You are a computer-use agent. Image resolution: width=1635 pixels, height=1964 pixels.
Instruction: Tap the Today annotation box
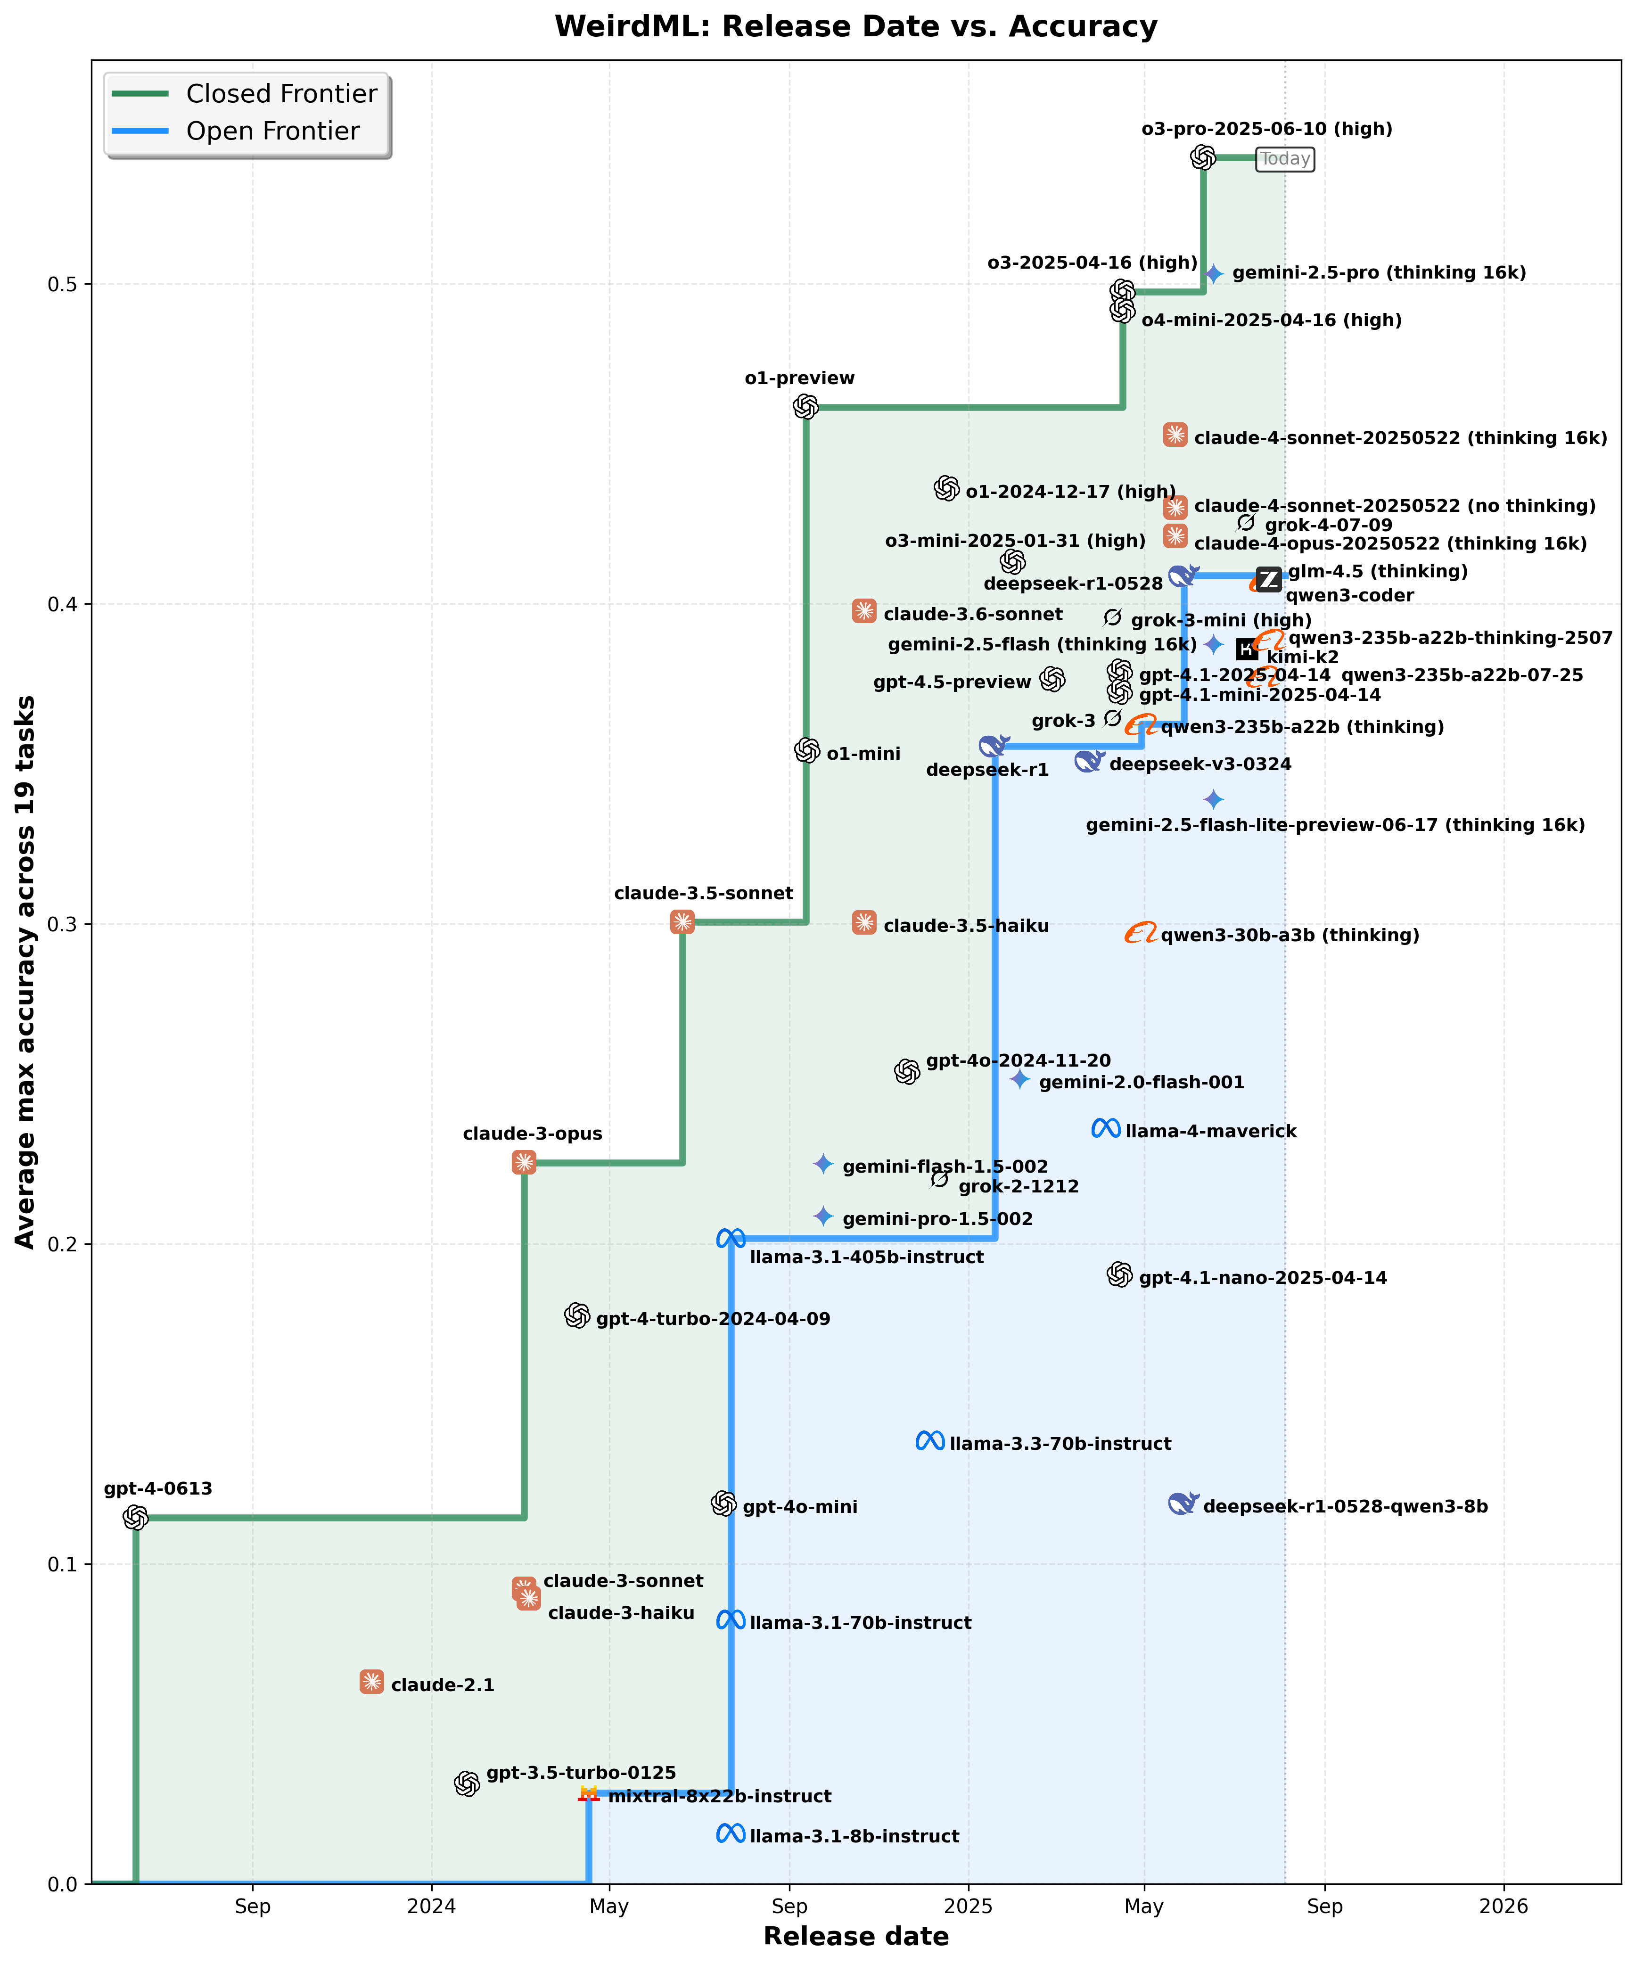(x=1285, y=159)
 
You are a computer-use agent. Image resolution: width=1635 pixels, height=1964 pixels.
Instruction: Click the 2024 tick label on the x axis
(x=431, y=1906)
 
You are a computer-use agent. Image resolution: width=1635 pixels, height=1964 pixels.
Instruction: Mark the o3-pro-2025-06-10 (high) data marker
(x=1203, y=157)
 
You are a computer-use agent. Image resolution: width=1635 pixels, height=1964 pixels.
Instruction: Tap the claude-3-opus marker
(x=524, y=1161)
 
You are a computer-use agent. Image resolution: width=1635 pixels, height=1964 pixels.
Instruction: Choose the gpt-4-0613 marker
(x=136, y=1517)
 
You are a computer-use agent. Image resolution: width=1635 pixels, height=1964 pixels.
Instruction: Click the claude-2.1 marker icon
(x=371, y=1682)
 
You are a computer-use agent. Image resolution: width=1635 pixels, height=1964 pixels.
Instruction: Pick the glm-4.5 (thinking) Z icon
(x=1268, y=580)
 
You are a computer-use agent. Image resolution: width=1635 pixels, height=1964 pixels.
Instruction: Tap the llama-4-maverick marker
(x=1106, y=1129)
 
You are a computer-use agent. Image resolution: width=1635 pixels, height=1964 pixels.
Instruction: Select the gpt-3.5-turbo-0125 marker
(x=467, y=1783)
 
